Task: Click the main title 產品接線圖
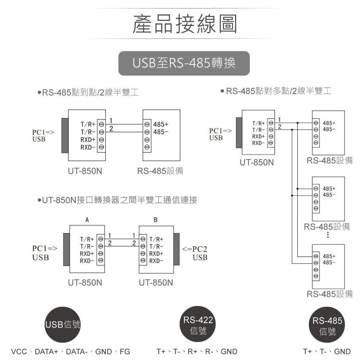[x=184, y=24]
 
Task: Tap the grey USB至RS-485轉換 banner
[x=184, y=63]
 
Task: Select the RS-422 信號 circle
[x=198, y=325]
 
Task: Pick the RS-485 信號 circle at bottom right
[x=327, y=326]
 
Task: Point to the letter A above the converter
[x=87, y=220]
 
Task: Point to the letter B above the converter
[x=156, y=220]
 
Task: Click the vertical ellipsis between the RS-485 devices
[x=328, y=235]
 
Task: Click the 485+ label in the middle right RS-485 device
[x=329, y=189]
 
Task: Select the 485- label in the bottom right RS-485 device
[x=329, y=262]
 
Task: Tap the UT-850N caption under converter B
[x=156, y=283]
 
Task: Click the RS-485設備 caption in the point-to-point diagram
[x=160, y=171]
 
